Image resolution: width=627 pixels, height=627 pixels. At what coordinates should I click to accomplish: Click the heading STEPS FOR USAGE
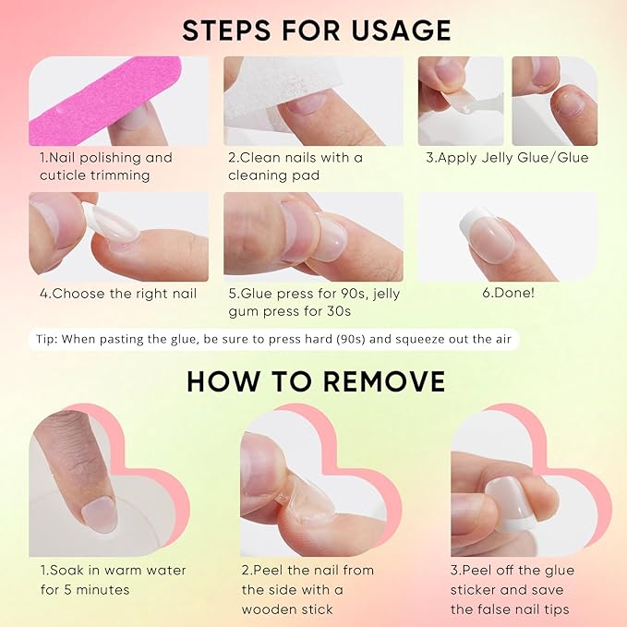click(317, 30)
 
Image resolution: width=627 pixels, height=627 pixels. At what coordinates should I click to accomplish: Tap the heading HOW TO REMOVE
click(316, 380)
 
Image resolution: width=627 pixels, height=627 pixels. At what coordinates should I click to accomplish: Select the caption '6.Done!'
click(508, 293)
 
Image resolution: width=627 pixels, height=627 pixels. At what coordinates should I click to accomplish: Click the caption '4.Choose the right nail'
click(117, 293)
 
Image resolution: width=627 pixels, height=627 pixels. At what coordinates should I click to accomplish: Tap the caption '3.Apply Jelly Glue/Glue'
click(507, 157)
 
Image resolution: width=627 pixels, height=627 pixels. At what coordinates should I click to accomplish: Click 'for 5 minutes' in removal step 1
click(85, 589)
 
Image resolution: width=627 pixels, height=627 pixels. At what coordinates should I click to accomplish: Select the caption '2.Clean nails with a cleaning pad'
click(295, 165)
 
